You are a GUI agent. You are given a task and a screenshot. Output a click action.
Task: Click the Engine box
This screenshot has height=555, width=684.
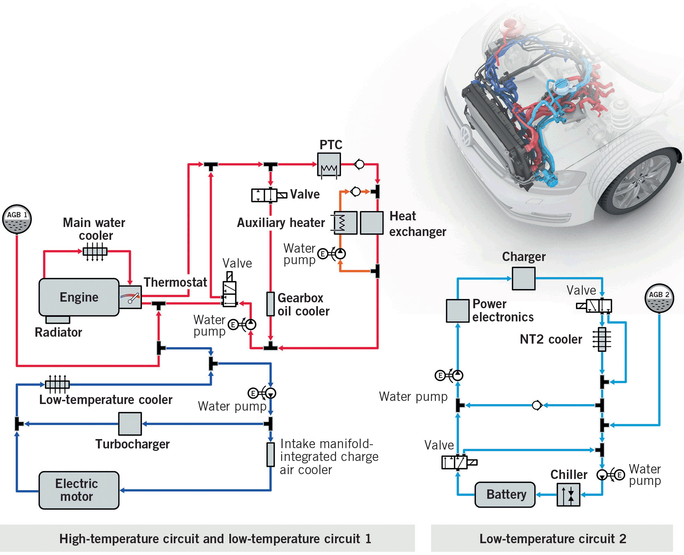pyautogui.click(x=79, y=297)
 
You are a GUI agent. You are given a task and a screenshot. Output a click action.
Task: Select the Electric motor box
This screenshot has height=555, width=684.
pyautogui.click(x=79, y=490)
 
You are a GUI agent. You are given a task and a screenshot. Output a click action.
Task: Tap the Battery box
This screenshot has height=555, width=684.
pyautogui.click(x=505, y=494)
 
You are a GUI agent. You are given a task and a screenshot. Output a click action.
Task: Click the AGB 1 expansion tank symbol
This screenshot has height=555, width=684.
pyautogui.click(x=17, y=219)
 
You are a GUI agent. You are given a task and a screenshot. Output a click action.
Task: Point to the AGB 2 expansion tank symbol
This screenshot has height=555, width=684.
pyautogui.click(x=659, y=298)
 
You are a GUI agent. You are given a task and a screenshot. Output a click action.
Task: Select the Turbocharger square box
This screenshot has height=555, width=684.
pyautogui.click(x=130, y=423)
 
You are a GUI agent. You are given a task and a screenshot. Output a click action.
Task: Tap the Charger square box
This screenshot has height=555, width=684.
pyautogui.click(x=523, y=278)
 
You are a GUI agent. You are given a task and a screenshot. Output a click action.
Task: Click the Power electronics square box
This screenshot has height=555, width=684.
pyautogui.click(x=457, y=311)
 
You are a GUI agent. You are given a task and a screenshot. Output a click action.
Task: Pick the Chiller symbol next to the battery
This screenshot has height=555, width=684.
pyautogui.click(x=568, y=494)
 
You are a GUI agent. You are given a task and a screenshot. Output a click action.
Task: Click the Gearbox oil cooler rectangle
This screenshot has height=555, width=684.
pyautogui.click(x=270, y=304)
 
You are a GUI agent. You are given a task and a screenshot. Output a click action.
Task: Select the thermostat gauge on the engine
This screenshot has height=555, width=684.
pyautogui.click(x=130, y=297)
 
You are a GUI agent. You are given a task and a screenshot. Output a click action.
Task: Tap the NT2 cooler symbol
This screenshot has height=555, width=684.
pyautogui.click(x=602, y=339)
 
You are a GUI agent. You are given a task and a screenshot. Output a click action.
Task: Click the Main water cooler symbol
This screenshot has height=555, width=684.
pyautogui.click(x=95, y=251)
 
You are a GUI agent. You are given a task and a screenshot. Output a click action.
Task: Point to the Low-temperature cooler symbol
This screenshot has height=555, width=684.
pyautogui.click(x=57, y=384)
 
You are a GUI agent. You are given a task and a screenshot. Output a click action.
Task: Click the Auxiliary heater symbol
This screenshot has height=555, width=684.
pyautogui.click(x=345, y=222)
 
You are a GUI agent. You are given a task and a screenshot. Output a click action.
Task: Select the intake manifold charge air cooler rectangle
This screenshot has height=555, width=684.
pyautogui.click(x=270, y=454)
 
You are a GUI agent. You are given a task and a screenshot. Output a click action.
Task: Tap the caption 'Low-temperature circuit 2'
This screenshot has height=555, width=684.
pyautogui.click(x=553, y=539)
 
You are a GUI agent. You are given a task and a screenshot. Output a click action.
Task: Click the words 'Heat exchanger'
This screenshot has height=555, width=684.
pyautogui.click(x=417, y=224)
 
